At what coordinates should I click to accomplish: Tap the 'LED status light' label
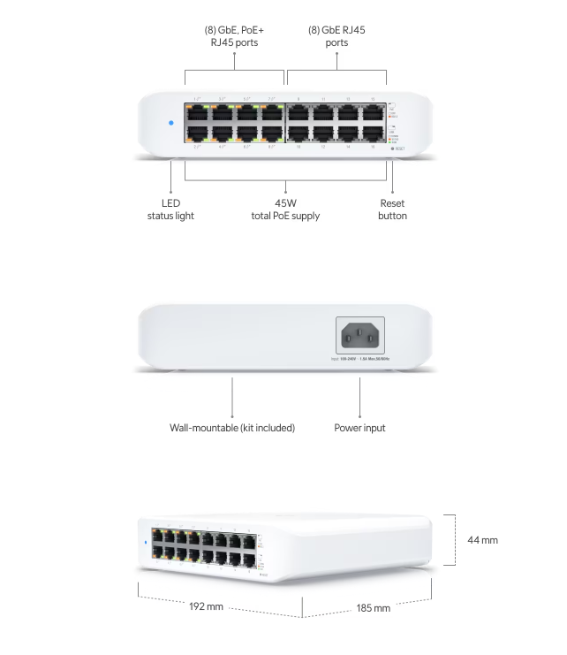pos(171,209)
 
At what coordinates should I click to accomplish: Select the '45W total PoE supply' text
pos(283,209)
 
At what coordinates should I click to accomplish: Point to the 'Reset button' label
pos(392,209)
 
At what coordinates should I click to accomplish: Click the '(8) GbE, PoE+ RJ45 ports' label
pos(234,36)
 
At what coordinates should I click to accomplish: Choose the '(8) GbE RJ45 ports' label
pos(336,36)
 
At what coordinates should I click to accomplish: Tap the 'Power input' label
pos(359,428)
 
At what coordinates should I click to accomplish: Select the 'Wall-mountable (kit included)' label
pos(232,428)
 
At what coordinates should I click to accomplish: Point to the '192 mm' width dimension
pos(206,607)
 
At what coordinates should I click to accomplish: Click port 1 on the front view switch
pos(197,113)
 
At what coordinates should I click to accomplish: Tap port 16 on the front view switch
pos(374,134)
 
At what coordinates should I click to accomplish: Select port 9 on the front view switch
pos(299,113)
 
